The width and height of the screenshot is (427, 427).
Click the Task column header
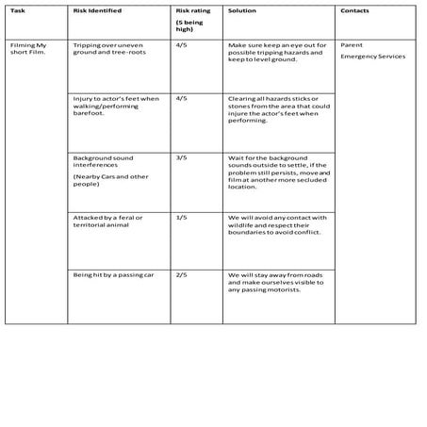(17, 10)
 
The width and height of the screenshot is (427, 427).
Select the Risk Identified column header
(96, 10)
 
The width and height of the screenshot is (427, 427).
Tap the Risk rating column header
(192, 10)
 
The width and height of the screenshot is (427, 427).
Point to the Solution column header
(241, 10)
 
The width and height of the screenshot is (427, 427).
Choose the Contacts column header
(354, 10)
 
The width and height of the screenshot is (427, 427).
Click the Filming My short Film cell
(28, 49)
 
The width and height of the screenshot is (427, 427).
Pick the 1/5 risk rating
(181, 217)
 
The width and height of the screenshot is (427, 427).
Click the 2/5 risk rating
(181, 274)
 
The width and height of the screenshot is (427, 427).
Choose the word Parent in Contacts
(351, 44)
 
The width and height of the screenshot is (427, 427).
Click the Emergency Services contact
(372, 56)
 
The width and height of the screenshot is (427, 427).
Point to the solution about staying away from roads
(277, 282)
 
